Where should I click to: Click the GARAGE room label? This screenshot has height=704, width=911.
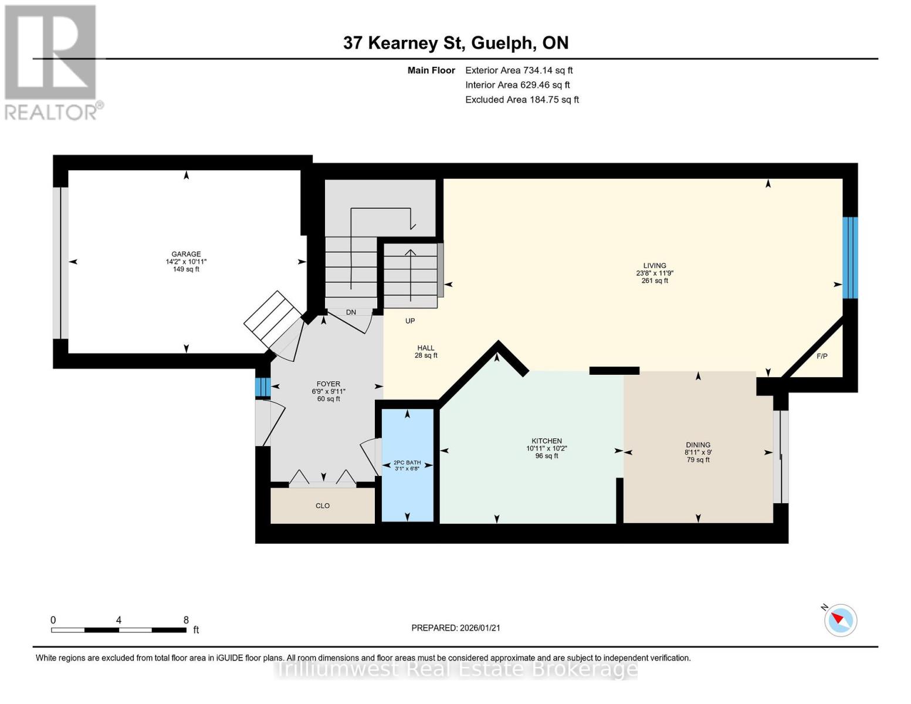(186, 255)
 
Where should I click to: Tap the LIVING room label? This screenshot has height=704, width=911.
(655, 266)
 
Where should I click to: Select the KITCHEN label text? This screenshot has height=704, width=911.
(546, 441)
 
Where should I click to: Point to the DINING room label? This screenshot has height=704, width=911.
(697, 445)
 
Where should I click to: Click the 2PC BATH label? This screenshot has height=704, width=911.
(407, 463)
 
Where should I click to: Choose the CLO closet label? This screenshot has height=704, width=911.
(323, 506)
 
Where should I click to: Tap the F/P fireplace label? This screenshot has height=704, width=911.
(822, 357)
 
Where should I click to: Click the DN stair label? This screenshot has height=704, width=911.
(351, 313)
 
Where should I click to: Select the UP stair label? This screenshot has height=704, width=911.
(410, 321)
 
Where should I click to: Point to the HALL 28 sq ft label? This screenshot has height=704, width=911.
(426, 351)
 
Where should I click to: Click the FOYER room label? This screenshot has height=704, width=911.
(328, 384)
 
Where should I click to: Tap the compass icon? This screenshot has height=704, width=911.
(840, 620)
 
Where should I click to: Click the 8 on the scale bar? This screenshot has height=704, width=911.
(186, 620)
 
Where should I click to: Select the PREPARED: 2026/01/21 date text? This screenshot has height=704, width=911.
(456, 628)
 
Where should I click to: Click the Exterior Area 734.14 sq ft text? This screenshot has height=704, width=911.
(519, 70)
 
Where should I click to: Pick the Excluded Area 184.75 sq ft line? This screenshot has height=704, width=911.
(522, 100)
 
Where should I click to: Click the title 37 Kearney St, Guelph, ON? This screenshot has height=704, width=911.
(456, 43)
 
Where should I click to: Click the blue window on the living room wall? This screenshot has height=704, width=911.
(850, 258)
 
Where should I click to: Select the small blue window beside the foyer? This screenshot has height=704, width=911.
(262, 387)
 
